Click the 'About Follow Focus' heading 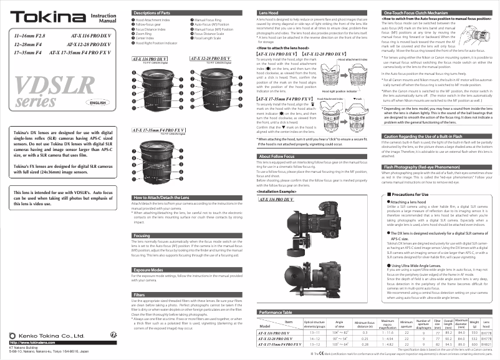[x=277, y=156]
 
